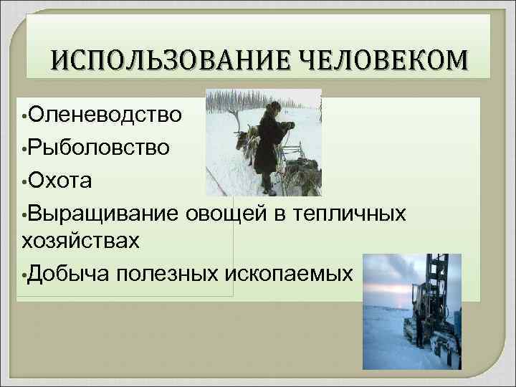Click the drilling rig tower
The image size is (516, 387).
tap(434, 287)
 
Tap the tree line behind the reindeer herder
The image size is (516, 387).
tap(236, 100)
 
